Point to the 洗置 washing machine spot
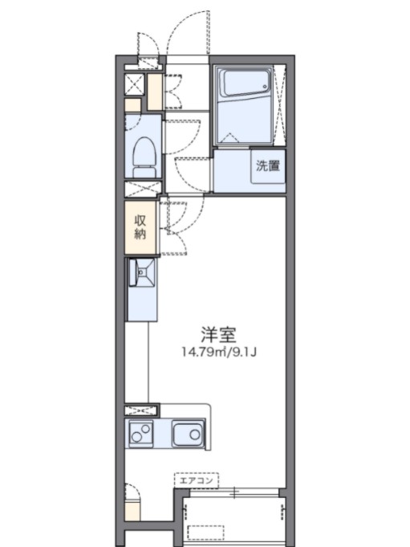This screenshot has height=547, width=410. [x=267, y=167]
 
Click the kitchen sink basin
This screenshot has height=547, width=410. [x=189, y=435]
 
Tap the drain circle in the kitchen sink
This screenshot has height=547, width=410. [x=196, y=435]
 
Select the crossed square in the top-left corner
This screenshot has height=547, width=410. [x=135, y=84]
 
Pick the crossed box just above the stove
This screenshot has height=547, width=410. [x=141, y=409]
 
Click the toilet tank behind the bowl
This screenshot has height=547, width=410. [x=144, y=171]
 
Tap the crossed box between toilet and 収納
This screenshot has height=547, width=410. [x=141, y=190]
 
